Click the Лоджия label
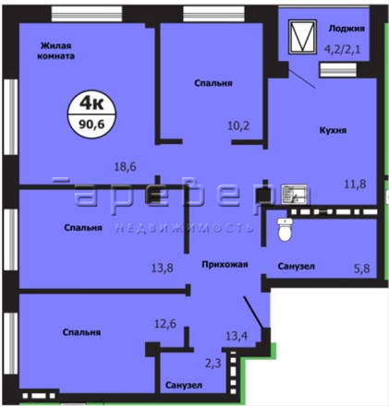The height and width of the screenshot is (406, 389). (346, 29)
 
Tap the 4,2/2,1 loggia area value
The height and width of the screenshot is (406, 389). (343, 49)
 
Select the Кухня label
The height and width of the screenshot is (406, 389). (333, 130)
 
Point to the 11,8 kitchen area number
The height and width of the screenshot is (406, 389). (355, 184)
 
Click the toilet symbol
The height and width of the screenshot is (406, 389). (285, 229)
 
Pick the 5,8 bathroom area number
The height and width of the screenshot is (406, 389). (361, 269)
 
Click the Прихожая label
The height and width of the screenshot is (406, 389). (225, 264)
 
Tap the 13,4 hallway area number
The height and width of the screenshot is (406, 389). (237, 336)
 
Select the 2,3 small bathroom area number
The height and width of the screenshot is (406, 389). (213, 364)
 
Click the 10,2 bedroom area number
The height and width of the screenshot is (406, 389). (238, 125)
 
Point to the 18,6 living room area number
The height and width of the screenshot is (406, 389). (126, 167)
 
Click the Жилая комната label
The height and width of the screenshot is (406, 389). (56, 51)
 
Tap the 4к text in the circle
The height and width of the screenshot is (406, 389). (91, 102)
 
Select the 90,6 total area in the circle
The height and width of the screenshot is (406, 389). (91, 124)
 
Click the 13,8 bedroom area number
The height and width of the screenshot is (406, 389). (163, 268)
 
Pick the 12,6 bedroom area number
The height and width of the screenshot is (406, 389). (165, 323)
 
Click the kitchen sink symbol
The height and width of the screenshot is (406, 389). (294, 195)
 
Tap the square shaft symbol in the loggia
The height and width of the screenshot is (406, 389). (302, 37)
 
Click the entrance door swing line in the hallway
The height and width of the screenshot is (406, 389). (253, 312)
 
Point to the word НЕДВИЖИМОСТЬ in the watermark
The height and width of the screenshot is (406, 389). (185, 228)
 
